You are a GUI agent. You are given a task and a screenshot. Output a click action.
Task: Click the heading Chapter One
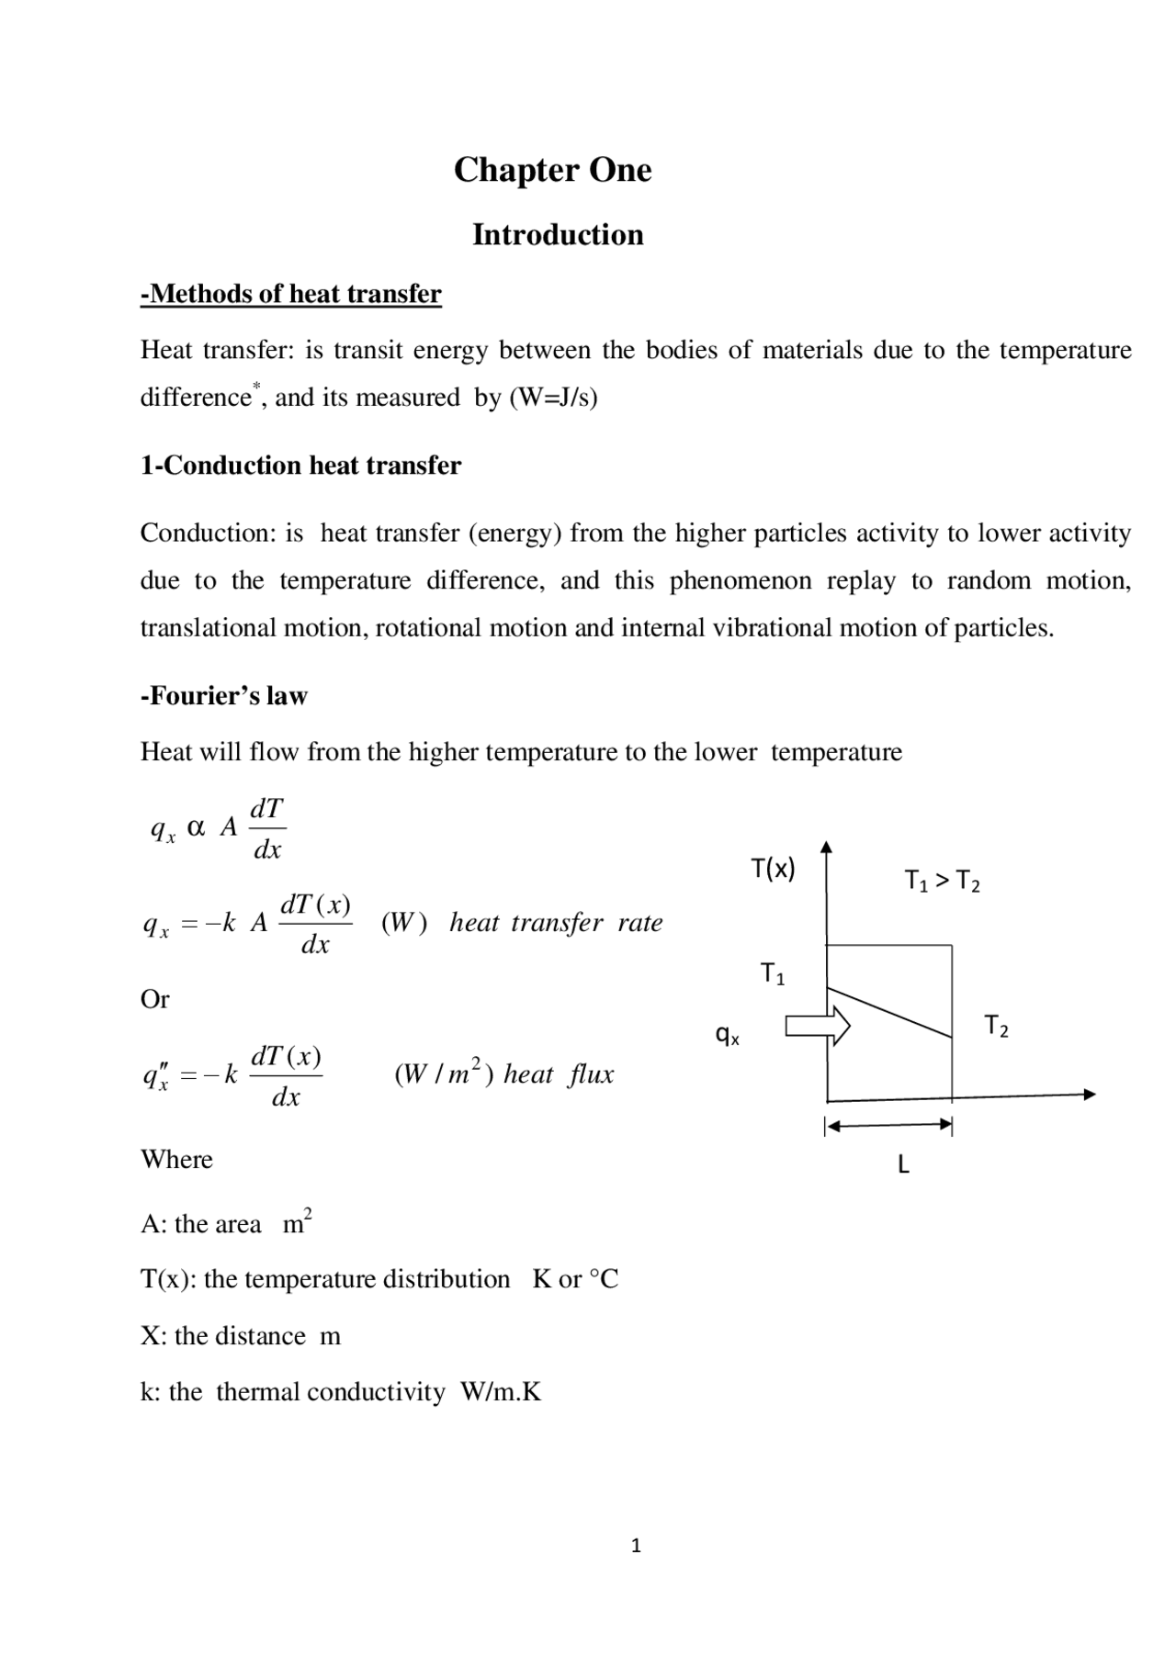pos(552,170)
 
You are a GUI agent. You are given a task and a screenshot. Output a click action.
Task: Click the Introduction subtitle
pos(558,235)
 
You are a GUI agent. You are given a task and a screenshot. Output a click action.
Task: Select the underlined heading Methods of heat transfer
pos(290,294)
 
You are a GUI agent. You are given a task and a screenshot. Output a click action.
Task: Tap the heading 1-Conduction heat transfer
pos(300,466)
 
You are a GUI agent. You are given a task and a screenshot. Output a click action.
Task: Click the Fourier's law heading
pos(224,696)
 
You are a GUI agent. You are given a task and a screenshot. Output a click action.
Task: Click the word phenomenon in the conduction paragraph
pos(741,580)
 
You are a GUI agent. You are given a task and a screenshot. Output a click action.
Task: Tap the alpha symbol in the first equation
pos(196,827)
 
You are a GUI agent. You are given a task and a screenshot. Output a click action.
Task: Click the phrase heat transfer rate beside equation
pos(555,923)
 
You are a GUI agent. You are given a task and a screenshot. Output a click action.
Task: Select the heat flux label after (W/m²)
pos(559,1074)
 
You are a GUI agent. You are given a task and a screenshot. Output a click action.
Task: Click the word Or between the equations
pos(154,999)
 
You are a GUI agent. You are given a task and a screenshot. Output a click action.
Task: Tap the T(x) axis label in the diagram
pos(772,868)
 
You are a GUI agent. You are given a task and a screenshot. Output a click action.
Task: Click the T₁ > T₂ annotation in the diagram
pos(942,882)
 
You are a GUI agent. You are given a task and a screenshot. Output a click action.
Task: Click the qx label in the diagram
pos(727,1036)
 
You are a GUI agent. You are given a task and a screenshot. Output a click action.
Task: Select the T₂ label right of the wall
pos(996,1025)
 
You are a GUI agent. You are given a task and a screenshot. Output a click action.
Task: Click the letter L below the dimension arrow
pos(903,1165)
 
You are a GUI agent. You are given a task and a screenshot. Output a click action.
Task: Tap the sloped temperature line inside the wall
pos(889,1013)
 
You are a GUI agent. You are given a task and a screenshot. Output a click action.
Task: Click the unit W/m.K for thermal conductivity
pos(501,1392)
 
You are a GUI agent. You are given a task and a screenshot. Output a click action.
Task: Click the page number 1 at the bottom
pos(636,1546)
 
